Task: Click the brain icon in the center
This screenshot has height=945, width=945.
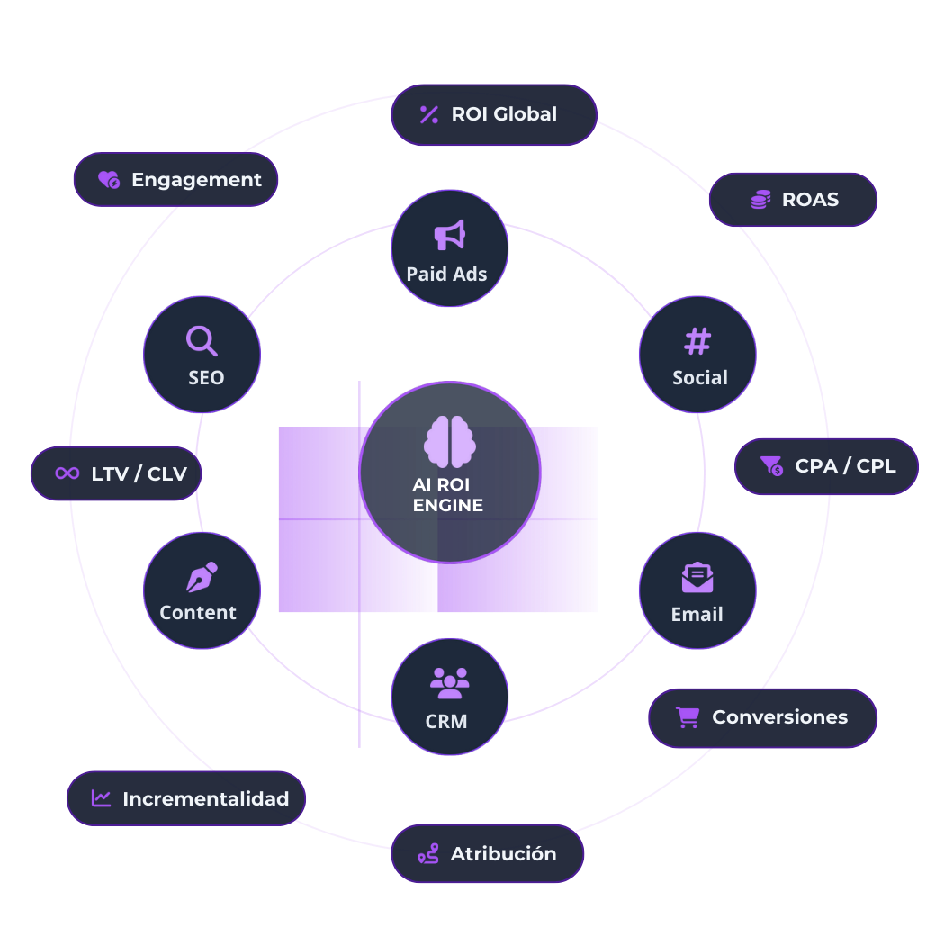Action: point(449,441)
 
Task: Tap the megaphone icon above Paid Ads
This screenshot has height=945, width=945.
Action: point(449,235)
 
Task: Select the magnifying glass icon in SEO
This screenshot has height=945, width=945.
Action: point(202,341)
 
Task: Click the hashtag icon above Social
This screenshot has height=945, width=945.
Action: point(697,341)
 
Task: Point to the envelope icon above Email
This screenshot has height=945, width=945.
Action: point(697,577)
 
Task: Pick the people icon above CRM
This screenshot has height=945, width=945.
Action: point(449,683)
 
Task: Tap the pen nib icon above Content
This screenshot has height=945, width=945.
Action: point(202,577)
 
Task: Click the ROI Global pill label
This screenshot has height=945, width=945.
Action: point(504,114)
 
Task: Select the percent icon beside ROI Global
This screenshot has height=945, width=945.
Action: point(429,114)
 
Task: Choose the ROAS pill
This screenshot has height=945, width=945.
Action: point(793,200)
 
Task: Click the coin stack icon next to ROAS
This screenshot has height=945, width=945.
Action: point(760,200)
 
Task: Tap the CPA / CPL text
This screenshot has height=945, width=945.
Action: point(845,466)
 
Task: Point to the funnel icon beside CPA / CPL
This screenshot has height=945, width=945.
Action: point(771,465)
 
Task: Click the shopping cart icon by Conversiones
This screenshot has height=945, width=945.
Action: point(688,717)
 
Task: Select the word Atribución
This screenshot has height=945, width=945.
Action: point(503,853)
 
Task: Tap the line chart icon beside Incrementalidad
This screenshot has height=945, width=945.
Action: point(102,798)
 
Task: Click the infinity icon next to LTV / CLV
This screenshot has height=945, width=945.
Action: point(67,472)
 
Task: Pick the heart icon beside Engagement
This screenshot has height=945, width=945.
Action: point(109,180)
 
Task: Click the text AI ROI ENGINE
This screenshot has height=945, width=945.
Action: point(447,495)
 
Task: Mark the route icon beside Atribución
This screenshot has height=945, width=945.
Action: point(428,853)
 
